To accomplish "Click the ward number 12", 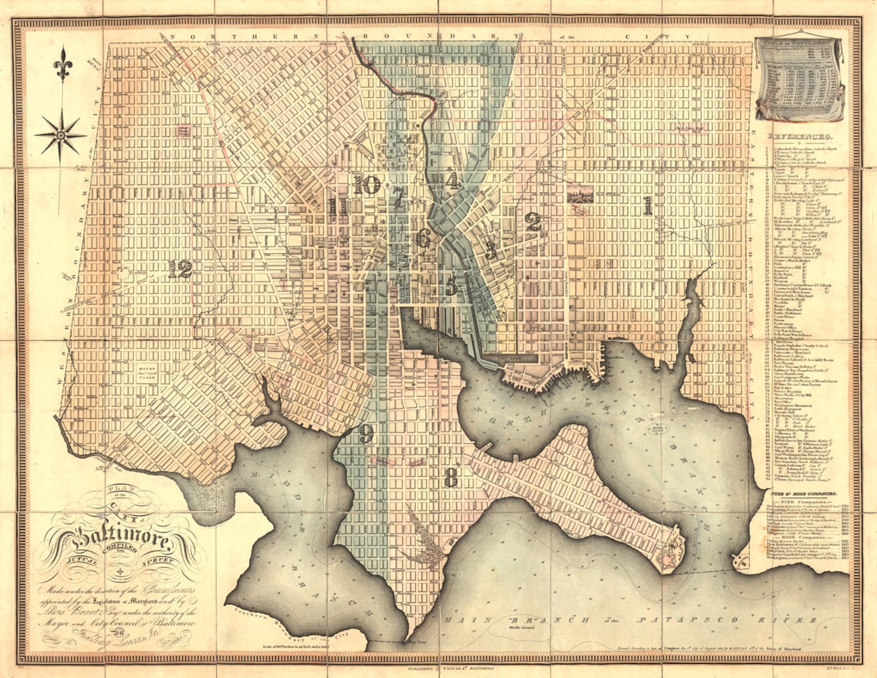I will pos(181,270).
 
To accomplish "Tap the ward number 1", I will pos(647,206).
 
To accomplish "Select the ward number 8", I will pos(451,477).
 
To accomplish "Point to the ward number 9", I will pos(366,434).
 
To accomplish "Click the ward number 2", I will pos(533,222).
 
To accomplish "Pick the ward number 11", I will pos(337,207).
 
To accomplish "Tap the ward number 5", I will pos(451,286).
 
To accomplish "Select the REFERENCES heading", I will pos(799,137).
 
